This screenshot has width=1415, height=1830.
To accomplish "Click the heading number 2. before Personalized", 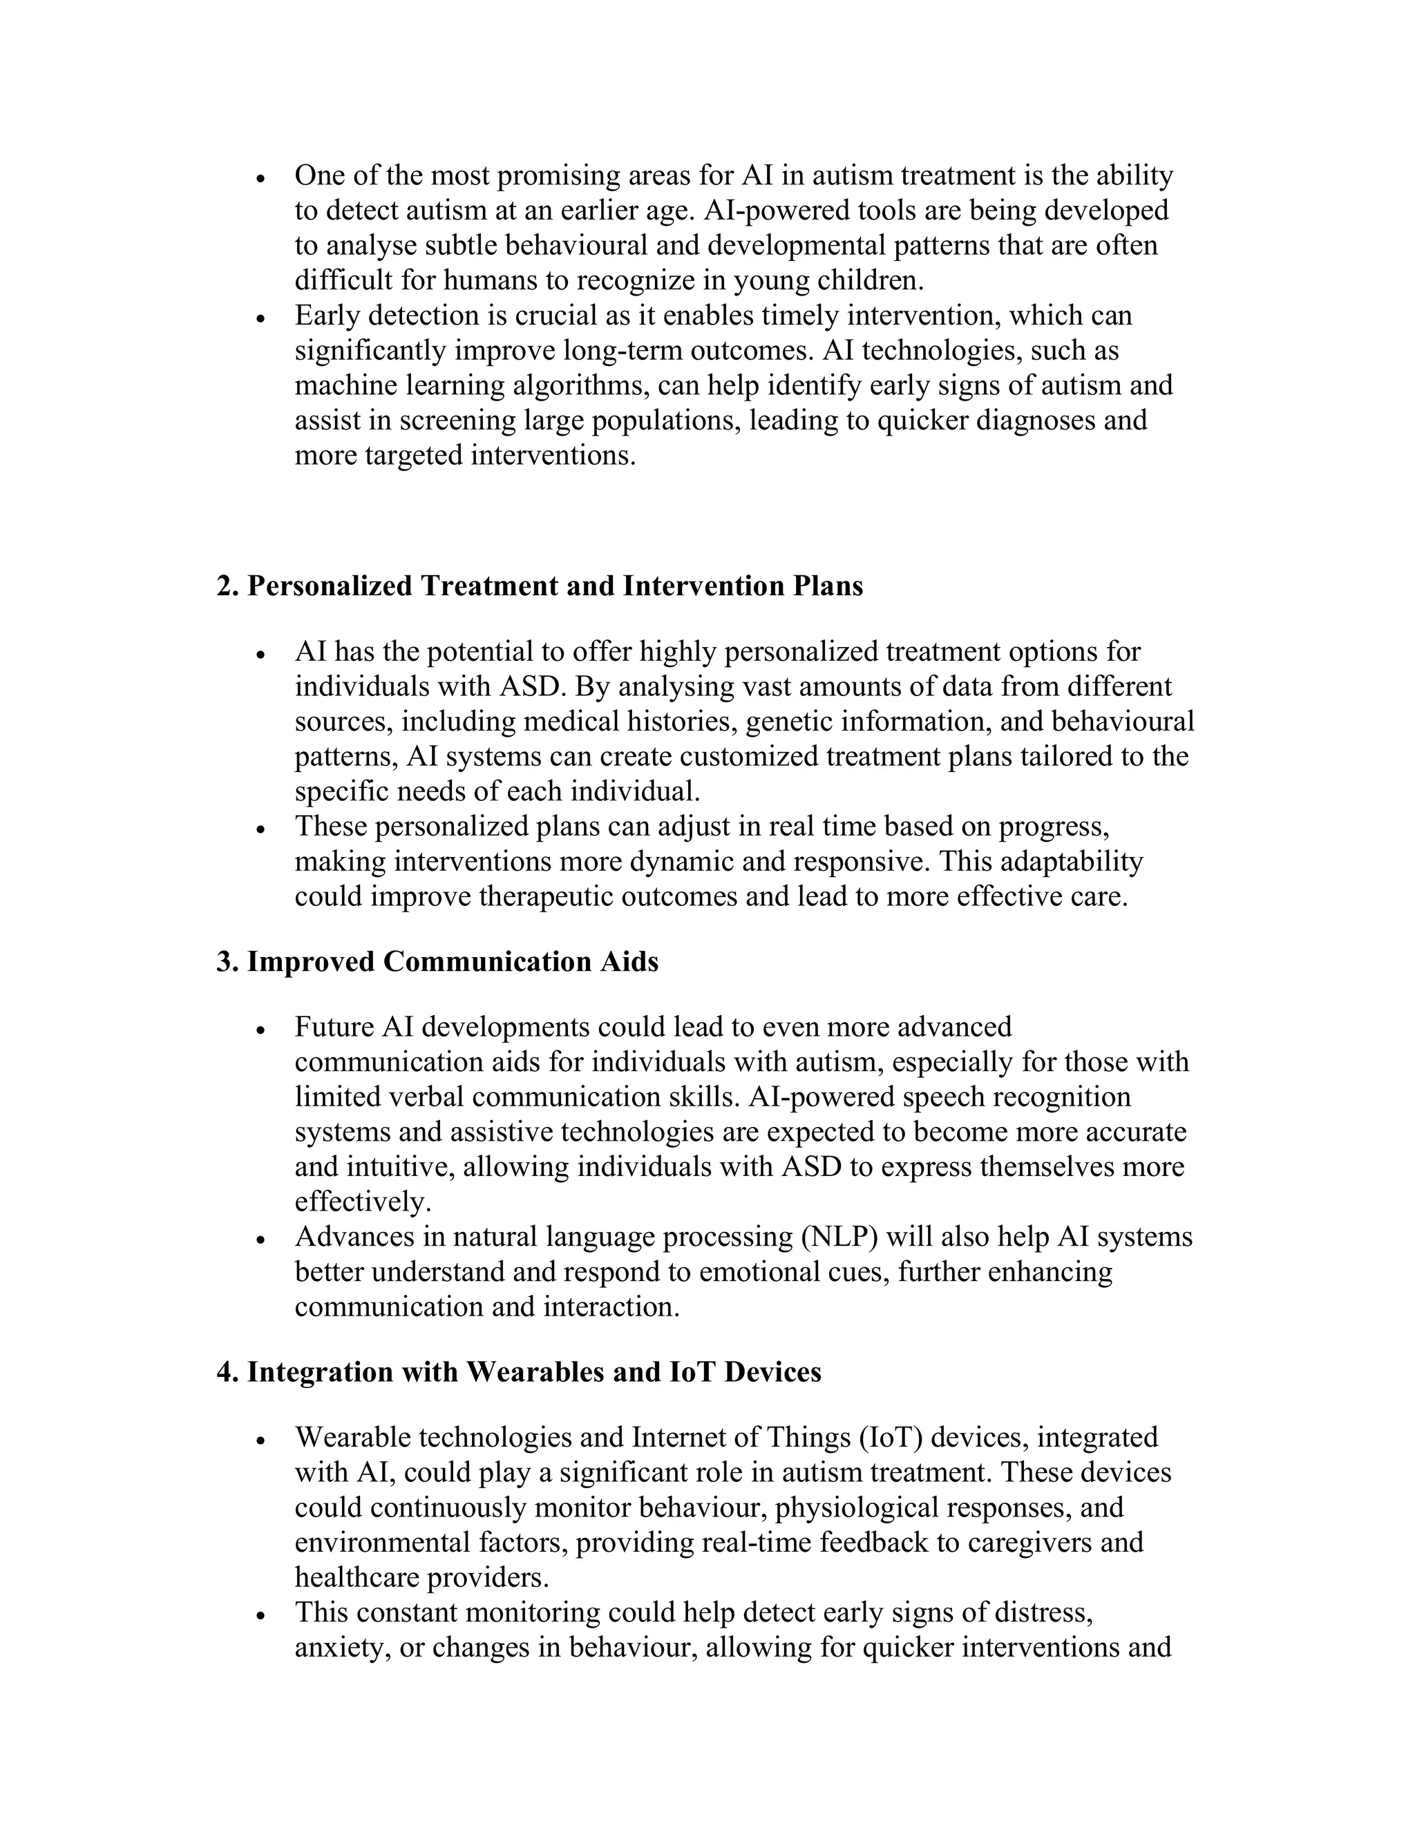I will [227, 586].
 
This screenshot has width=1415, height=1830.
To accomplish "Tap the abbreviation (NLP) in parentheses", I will [838, 1237].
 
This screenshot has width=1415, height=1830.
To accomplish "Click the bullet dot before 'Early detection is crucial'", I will [262, 319].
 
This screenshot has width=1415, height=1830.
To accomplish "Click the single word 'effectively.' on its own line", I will [363, 1202].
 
